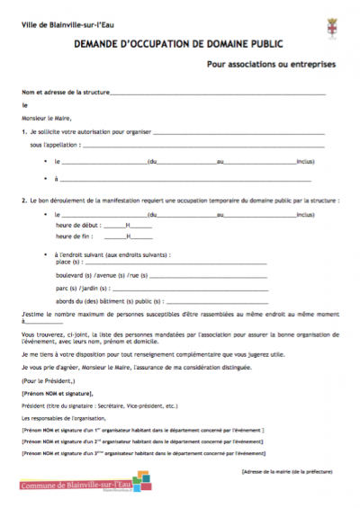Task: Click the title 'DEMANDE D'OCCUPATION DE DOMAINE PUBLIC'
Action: tap(179, 42)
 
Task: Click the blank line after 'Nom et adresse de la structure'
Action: tap(225, 93)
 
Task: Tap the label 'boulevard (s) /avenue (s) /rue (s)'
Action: tap(101, 275)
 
